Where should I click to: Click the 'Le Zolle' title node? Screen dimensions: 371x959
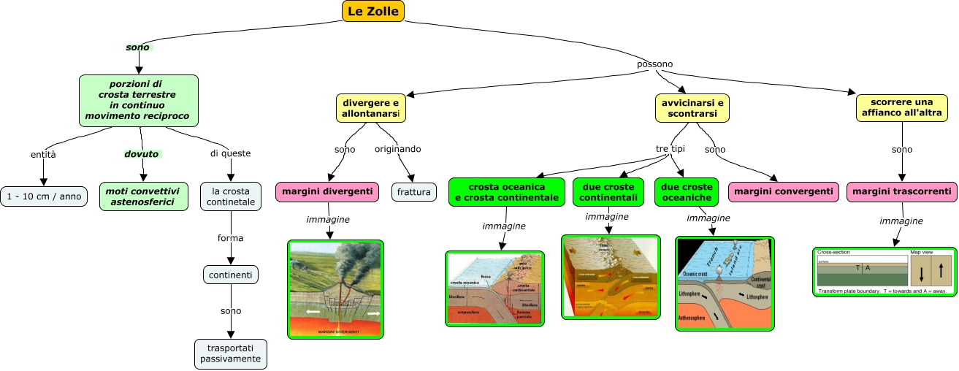(372, 11)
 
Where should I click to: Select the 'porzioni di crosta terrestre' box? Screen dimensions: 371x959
(139, 100)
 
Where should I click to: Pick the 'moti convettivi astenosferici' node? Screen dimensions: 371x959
(142, 196)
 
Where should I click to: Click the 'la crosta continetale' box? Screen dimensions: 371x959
(231, 196)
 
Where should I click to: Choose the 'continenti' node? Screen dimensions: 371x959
(231, 275)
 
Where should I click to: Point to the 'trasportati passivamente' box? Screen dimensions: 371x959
(231, 353)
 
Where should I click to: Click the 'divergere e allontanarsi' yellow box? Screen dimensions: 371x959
(371, 108)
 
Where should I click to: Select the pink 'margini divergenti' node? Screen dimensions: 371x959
(327, 191)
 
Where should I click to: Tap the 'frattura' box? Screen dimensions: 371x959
(414, 191)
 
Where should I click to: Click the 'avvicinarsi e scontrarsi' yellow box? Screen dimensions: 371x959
(691, 108)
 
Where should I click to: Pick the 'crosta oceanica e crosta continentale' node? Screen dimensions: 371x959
(507, 191)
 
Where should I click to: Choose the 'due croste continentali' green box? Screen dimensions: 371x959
(608, 191)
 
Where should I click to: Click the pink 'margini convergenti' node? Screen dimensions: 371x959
(784, 191)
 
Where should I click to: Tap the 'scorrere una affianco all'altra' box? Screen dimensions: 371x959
(902, 108)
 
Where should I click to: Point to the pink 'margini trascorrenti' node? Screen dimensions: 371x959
(902, 191)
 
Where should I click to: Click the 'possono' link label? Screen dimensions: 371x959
(655, 64)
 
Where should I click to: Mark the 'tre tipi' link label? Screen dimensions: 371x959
(670, 149)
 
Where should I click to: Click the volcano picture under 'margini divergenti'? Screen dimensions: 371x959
(336, 289)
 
